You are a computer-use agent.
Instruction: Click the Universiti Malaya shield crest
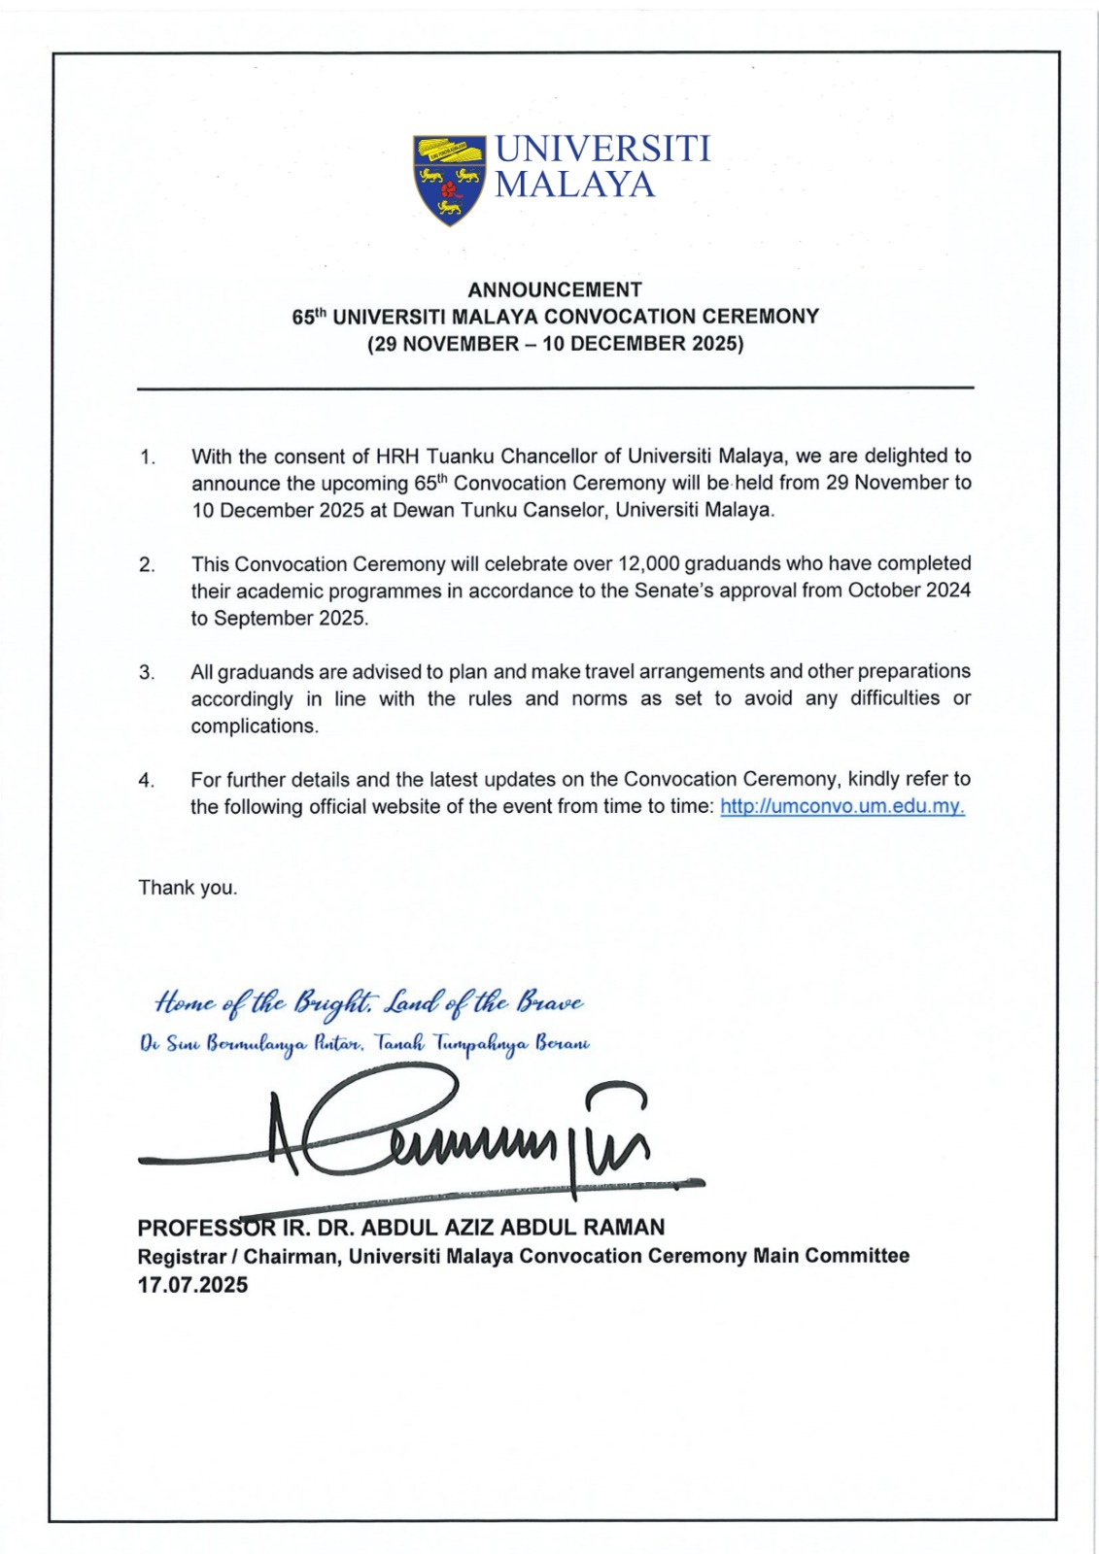pyautogui.click(x=449, y=181)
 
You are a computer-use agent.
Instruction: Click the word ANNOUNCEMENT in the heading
pyautogui.click(x=555, y=289)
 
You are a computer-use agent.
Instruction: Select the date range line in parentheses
pyautogui.click(x=555, y=344)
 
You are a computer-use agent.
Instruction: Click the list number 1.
pyautogui.click(x=147, y=456)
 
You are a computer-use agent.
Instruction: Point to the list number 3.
pyautogui.click(x=147, y=672)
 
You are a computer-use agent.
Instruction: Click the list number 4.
pyautogui.click(x=147, y=780)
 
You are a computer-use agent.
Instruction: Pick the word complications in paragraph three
pyautogui.click(x=254, y=726)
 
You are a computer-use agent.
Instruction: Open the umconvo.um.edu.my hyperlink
pyautogui.click(x=841, y=807)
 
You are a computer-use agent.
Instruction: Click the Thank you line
pyautogui.click(x=188, y=888)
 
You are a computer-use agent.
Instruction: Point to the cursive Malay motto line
pyautogui.click(x=364, y=1044)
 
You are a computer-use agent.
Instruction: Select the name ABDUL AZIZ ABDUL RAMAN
pyautogui.click(x=512, y=1228)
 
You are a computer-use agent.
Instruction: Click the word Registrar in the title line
pyautogui.click(x=180, y=1256)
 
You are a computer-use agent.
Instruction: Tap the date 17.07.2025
pyautogui.click(x=192, y=1285)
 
